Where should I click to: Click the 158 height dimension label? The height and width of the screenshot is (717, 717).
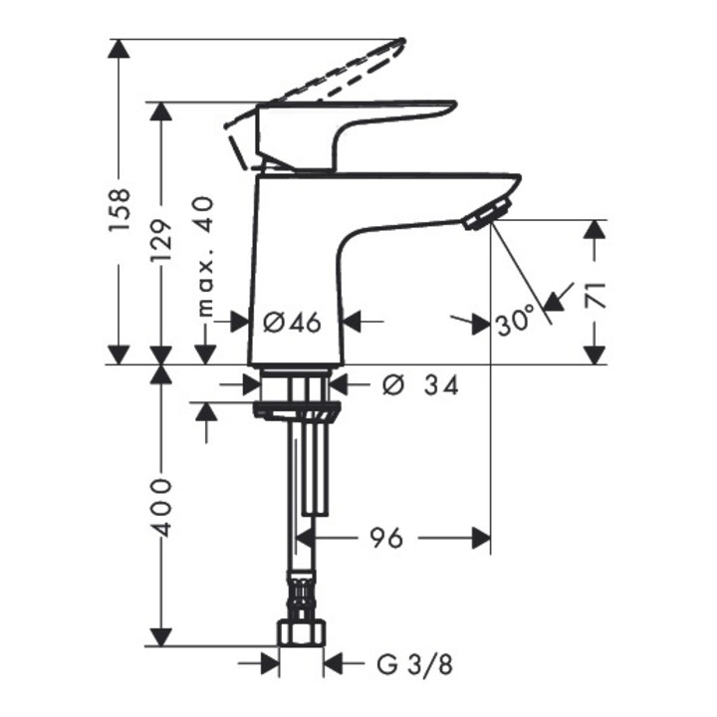coord(119,209)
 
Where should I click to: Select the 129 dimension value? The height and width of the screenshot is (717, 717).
coord(162,240)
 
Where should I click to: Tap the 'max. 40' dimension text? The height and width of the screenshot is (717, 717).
coord(204,257)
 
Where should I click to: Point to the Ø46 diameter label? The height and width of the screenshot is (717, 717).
coord(292,323)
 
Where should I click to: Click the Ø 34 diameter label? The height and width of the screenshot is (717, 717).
coord(420,385)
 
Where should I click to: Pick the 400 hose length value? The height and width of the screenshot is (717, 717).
coord(162,508)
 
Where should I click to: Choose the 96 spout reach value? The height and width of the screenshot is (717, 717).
coord(386,538)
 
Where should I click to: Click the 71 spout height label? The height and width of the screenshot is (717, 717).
coord(595,296)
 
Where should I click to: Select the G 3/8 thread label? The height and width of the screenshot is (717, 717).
coord(414,664)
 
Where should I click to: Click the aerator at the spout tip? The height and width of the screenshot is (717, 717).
coord(487,213)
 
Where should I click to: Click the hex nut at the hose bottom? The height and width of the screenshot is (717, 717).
coord(302,632)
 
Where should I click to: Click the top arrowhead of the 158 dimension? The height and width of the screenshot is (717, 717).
coord(119,49)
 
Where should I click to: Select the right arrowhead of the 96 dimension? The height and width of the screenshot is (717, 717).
coord(482,538)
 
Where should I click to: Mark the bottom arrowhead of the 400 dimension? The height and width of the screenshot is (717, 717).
coord(161,637)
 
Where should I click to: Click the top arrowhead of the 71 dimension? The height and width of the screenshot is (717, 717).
coord(595,229)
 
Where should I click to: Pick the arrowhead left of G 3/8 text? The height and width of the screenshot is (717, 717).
coord(270,663)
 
